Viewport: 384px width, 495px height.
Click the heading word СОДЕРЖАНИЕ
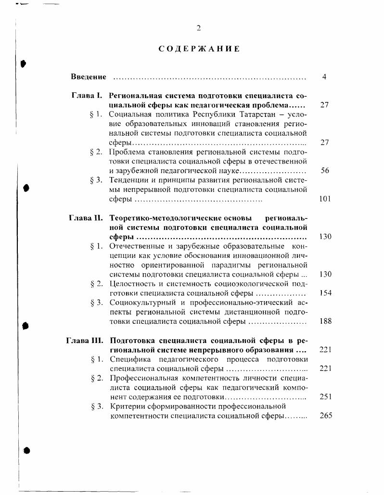pyautogui.click(x=199, y=49)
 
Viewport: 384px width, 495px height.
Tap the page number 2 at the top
pyautogui.click(x=198, y=28)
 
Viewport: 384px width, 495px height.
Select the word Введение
pyautogui.click(x=89, y=77)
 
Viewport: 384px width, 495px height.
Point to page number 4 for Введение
pyautogui.click(x=324, y=77)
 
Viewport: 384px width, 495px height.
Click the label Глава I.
pyautogui.click(x=87, y=96)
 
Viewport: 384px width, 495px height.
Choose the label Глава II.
pyautogui.click(x=86, y=218)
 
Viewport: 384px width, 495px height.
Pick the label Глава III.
pyautogui.click(x=85, y=340)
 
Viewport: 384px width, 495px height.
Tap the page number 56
pyautogui.click(x=325, y=171)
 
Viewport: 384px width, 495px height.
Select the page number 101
pyautogui.click(x=325, y=199)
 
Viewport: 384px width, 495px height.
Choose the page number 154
pyautogui.click(x=325, y=293)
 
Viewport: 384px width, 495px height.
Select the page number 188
pyautogui.click(x=325, y=321)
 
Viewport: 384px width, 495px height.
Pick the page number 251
pyautogui.click(x=325, y=397)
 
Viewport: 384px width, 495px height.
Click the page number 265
pyautogui.click(x=325, y=416)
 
